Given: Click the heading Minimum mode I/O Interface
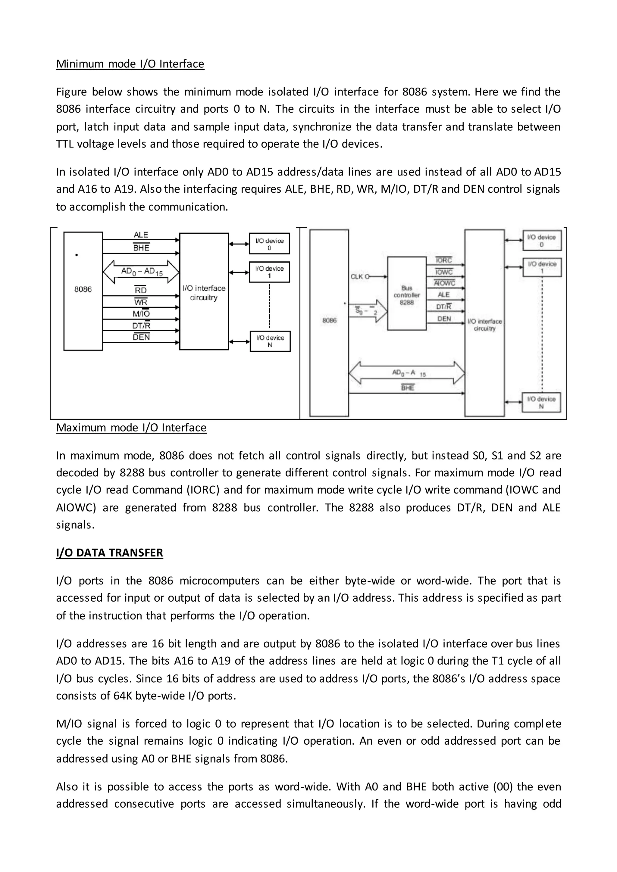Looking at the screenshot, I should tap(130, 64).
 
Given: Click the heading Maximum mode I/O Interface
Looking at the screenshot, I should tap(131, 428).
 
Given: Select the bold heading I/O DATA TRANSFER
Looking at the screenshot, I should tap(109, 553).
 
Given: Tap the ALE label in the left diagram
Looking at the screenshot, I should tap(141, 235).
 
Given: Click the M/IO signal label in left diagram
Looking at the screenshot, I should tap(141, 314).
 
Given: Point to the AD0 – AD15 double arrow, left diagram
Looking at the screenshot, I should tap(141, 272).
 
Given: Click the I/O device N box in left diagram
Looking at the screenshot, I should tap(270, 341).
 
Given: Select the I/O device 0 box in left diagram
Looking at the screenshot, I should tap(269, 244).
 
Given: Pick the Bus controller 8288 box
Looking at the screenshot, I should tap(406, 293).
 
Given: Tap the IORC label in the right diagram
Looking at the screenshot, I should tap(443, 260).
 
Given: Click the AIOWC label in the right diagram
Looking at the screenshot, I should tap(444, 283).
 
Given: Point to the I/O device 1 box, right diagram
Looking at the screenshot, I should tap(542, 267).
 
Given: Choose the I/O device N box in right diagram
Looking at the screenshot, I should tap(541, 402).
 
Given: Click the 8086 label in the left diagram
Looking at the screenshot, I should tap(83, 289).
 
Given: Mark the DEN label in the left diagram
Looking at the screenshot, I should tap(141, 337).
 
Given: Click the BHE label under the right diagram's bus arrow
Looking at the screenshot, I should tap(407, 388).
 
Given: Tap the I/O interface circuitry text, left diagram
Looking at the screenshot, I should tap(204, 293).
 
